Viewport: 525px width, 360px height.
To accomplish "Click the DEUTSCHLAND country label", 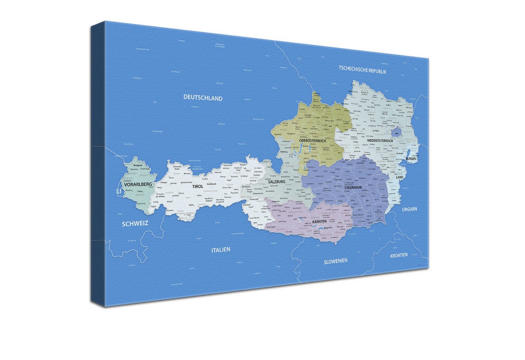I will pyautogui.click(x=203, y=98).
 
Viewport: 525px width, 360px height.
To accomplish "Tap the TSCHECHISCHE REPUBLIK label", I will pyautogui.click(x=362, y=70).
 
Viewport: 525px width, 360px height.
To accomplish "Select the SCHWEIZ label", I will pyautogui.click(x=135, y=223).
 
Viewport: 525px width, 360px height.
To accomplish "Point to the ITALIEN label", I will pyautogui.click(x=220, y=250).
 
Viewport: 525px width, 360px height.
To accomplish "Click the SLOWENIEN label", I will pyautogui.click(x=336, y=261).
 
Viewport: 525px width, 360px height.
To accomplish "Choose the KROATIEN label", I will pyautogui.click(x=399, y=255).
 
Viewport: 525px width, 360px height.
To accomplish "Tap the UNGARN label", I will pyautogui.click(x=409, y=209).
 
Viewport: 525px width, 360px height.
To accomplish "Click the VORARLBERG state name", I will pyautogui.click(x=138, y=184).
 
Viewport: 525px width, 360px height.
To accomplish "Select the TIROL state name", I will pyautogui.click(x=198, y=186).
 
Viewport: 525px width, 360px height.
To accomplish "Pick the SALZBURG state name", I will pyautogui.click(x=277, y=181).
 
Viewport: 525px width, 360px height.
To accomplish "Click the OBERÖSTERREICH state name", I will pyautogui.click(x=312, y=141).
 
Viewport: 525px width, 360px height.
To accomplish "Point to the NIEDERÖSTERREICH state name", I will pyautogui.click(x=380, y=141).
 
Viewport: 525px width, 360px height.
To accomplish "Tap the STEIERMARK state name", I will pyautogui.click(x=353, y=187).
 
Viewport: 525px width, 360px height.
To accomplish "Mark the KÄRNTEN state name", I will pyautogui.click(x=319, y=222).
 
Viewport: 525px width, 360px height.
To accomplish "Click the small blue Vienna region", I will pyautogui.click(x=396, y=132).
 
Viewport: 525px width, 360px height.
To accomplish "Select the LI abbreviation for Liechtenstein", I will pyautogui.click(x=119, y=191).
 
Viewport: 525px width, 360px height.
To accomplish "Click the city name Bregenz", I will pyautogui.click(x=138, y=165).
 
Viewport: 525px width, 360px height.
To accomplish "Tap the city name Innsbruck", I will pyautogui.click(x=211, y=184).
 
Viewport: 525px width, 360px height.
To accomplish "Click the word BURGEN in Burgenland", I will pyautogui.click(x=411, y=159).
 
